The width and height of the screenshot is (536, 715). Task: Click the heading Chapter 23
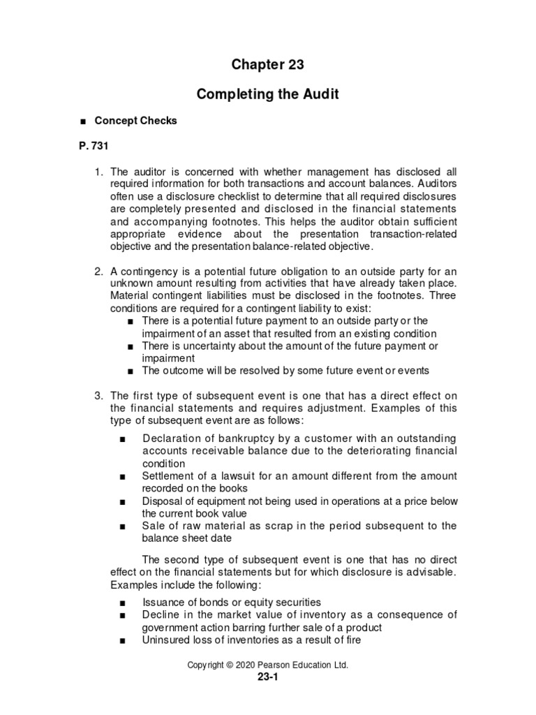point(268,65)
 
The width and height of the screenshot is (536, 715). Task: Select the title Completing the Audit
point(268,94)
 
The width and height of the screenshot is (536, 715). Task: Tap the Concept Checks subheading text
point(136,121)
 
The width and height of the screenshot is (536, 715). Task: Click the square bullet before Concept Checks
point(83,121)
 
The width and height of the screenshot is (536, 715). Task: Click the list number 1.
point(98,171)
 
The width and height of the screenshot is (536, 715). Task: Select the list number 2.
point(98,270)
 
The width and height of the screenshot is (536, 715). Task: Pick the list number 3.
point(98,396)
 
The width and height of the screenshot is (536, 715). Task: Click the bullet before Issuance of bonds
point(123,603)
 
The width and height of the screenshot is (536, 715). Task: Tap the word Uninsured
point(165,640)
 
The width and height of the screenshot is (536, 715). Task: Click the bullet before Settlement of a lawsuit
point(123,476)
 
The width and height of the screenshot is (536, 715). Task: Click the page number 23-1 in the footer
point(267,677)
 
